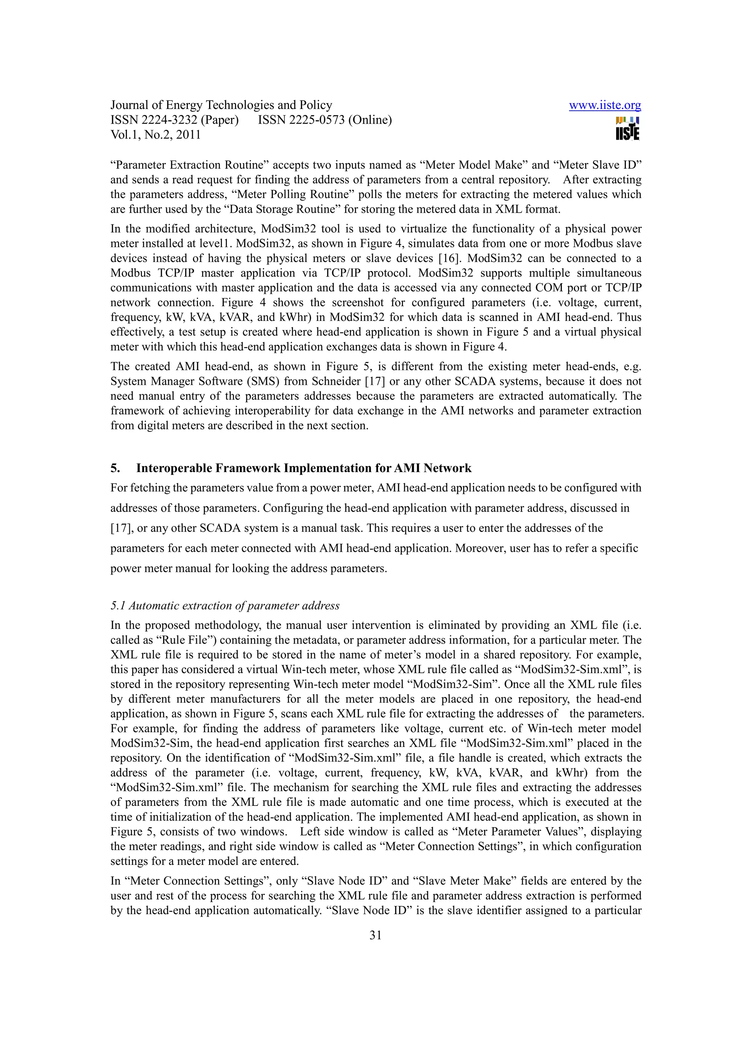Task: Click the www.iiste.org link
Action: click(x=604, y=106)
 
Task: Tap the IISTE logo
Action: click(x=627, y=128)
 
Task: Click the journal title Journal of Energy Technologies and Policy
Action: click(x=221, y=105)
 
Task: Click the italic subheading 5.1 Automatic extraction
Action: click(x=225, y=606)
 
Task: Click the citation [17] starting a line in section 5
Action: click(x=121, y=528)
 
